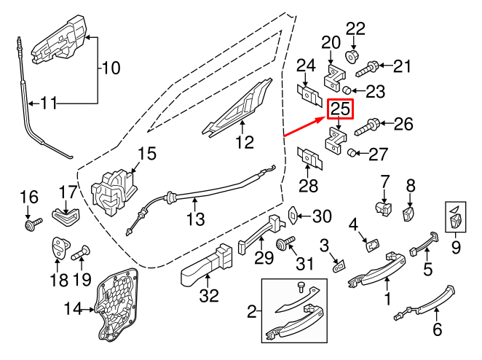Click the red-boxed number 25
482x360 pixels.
[340, 109]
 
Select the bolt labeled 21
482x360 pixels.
[367, 69]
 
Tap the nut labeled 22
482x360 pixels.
[354, 55]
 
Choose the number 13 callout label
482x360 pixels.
[194, 218]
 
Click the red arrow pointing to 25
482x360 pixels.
[304, 126]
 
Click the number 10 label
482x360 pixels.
[109, 69]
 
